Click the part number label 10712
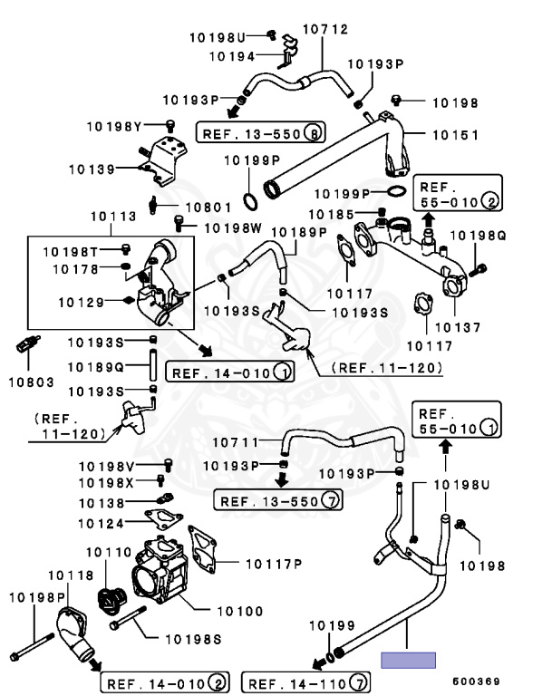324,30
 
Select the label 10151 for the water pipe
454,134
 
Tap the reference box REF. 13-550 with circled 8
261,134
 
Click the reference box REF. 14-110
307,681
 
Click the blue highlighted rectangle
408,660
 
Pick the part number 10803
31,382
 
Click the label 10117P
273,564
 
